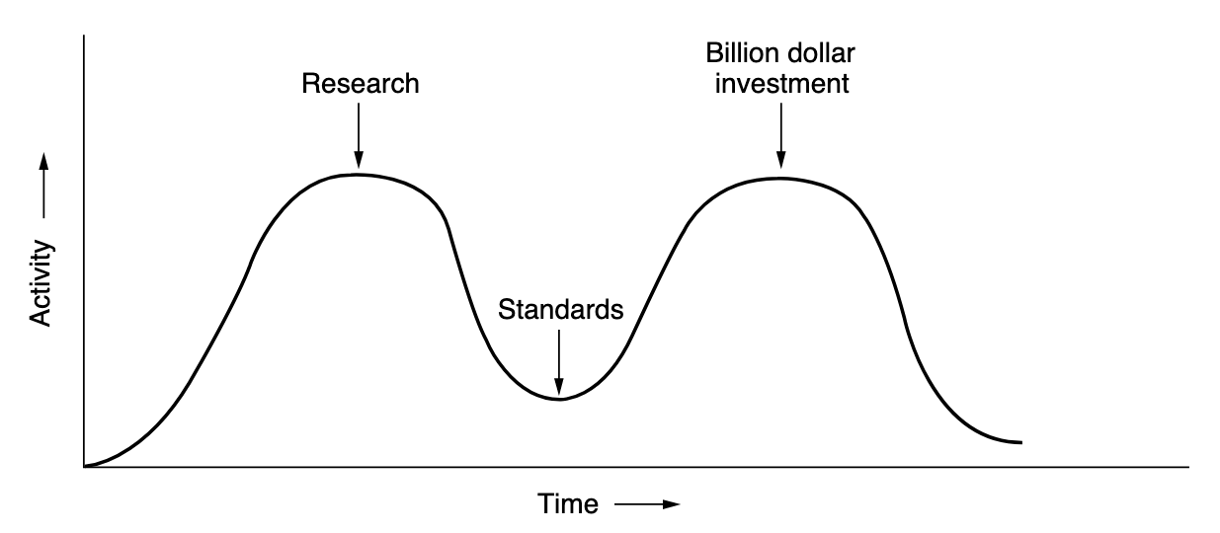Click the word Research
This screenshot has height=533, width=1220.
pyautogui.click(x=361, y=84)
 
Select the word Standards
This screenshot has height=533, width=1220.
pyautogui.click(x=560, y=310)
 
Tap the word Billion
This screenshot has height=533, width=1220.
pyautogui.click(x=741, y=53)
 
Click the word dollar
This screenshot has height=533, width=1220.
pyautogui.click(x=820, y=53)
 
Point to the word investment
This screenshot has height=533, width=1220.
pyautogui.click(x=781, y=84)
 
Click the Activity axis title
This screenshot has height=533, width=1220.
pyautogui.click(x=41, y=283)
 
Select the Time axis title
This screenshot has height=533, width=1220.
pyautogui.click(x=568, y=503)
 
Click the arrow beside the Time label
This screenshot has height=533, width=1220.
pyautogui.click(x=648, y=504)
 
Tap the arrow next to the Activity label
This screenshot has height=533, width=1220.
pyautogui.click(x=43, y=186)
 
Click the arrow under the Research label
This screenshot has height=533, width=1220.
pyautogui.click(x=359, y=135)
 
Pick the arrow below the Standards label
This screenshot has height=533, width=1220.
pyautogui.click(x=559, y=362)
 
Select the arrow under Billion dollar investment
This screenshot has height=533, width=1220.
pyautogui.click(x=781, y=135)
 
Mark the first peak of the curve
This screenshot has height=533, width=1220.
pyautogui.click(x=359, y=175)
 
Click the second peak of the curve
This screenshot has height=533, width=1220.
pyautogui.click(x=781, y=179)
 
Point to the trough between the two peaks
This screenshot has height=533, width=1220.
pyautogui.click(x=559, y=400)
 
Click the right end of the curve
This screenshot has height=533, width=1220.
pyautogui.click(x=1021, y=442)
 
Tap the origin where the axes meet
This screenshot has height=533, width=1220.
pyautogui.click(x=84, y=467)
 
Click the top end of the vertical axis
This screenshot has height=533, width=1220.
pyautogui.click(x=84, y=36)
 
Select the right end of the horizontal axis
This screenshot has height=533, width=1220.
pyautogui.click(x=1189, y=467)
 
